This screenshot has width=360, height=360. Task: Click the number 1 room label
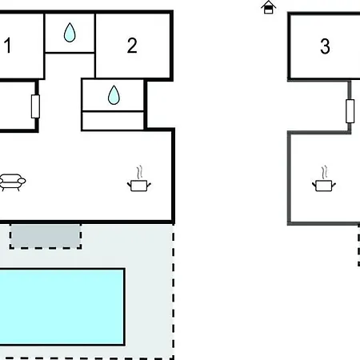(x=8, y=46)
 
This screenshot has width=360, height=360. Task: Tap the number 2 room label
(x=132, y=46)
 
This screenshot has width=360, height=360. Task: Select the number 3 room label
(x=325, y=46)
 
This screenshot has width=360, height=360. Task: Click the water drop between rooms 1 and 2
(x=70, y=33)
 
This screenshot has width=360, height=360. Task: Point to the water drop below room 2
(x=114, y=95)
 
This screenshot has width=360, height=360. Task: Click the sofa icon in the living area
(x=12, y=182)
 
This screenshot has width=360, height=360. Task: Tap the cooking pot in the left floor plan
(x=139, y=186)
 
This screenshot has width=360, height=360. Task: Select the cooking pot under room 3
(x=324, y=186)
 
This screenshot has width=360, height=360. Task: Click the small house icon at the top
(x=269, y=7)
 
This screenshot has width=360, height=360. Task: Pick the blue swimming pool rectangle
(x=62, y=307)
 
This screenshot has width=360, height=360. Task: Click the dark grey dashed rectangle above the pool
(x=46, y=237)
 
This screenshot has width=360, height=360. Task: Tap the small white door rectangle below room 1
(x=35, y=106)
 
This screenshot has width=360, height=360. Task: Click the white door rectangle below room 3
(x=350, y=111)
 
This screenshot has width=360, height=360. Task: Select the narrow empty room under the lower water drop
(x=113, y=121)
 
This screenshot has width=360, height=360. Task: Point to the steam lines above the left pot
(x=140, y=173)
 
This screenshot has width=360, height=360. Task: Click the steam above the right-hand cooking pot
(x=325, y=173)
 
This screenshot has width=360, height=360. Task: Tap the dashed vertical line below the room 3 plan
(x=358, y=246)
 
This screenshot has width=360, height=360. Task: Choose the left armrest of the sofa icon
(x=1, y=182)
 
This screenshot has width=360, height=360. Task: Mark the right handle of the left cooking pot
(x=149, y=185)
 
